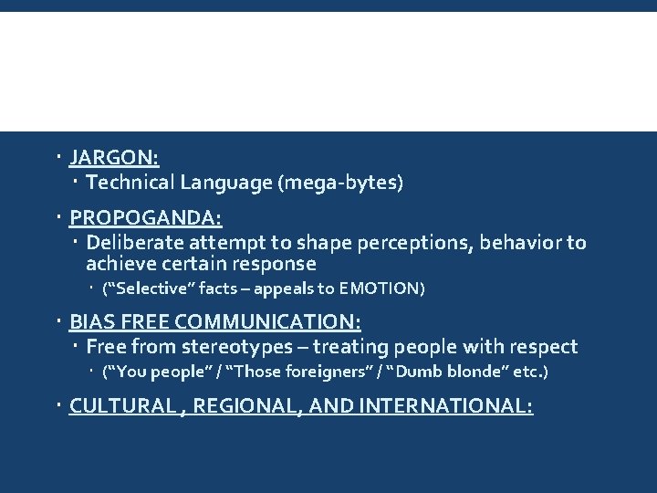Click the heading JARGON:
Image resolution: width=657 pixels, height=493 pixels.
click(x=114, y=158)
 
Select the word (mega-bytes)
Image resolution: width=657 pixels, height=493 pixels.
click(x=342, y=183)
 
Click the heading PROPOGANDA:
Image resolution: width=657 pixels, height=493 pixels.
click(x=146, y=218)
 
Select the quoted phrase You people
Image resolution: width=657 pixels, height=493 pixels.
click(x=148, y=372)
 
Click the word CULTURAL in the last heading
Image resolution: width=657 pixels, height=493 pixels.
click(x=121, y=405)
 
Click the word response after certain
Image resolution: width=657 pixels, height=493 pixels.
click(x=273, y=265)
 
